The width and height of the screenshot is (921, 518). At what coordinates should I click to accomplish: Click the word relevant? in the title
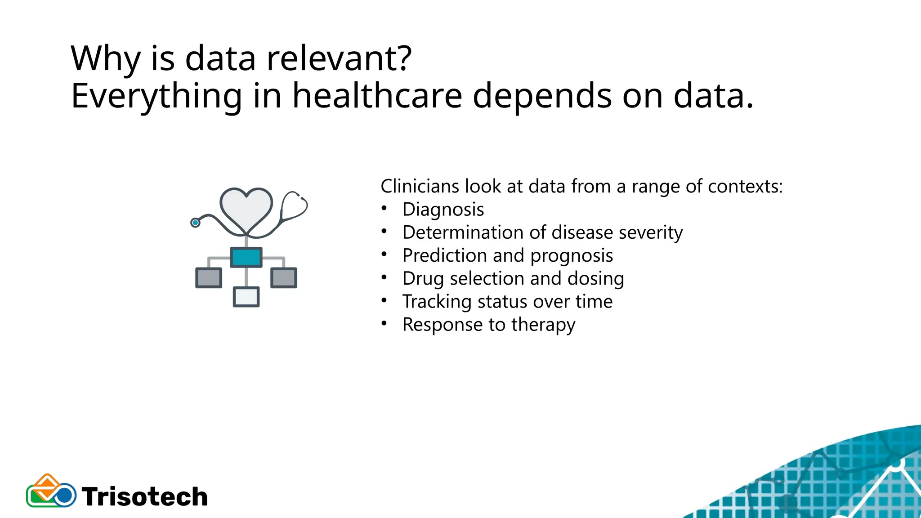pyautogui.click(x=339, y=58)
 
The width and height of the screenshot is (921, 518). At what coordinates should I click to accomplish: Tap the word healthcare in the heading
pyautogui.click(x=377, y=96)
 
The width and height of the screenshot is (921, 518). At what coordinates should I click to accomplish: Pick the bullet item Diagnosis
pyautogui.click(x=443, y=210)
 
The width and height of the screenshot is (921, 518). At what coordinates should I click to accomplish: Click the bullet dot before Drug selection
pyautogui.click(x=384, y=277)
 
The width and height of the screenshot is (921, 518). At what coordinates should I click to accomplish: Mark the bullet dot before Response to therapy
pyautogui.click(x=384, y=323)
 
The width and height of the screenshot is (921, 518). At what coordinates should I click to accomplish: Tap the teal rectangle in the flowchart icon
pyautogui.click(x=246, y=257)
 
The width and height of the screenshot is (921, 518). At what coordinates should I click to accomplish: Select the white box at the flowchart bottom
pyautogui.click(x=246, y=297)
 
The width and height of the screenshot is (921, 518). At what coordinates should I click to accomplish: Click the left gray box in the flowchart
pyautogui.click(x=209, y=277)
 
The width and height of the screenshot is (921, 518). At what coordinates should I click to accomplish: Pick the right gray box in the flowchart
pyautogui.click(x=284, y=277)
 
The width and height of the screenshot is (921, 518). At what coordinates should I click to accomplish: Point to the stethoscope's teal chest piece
pyautogui.click(x=195, y=223)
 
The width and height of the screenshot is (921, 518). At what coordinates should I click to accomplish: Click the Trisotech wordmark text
pyautogui.click(x=145, y=497)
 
